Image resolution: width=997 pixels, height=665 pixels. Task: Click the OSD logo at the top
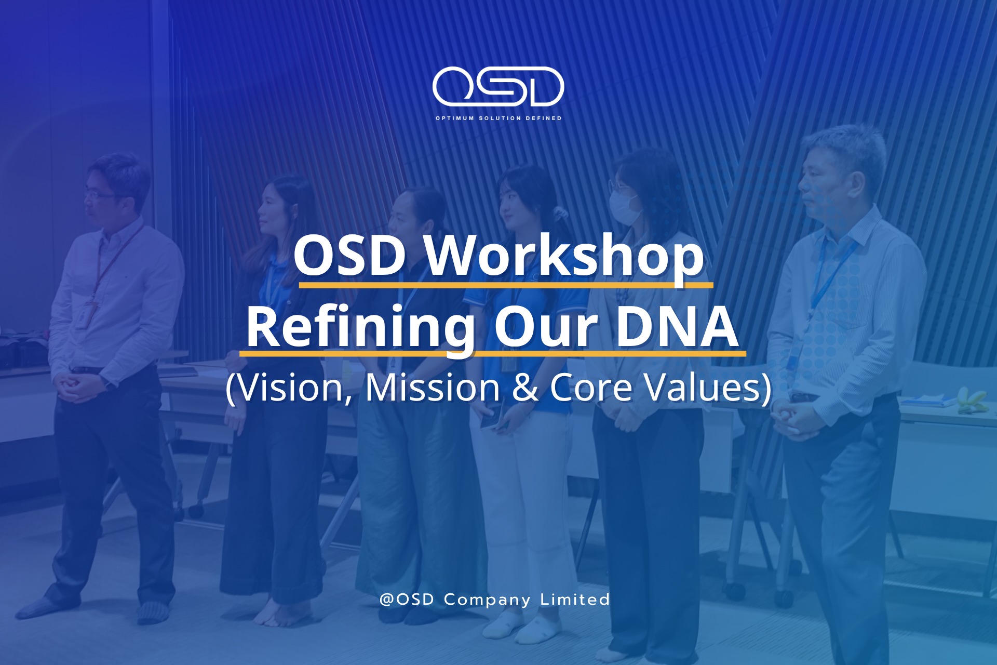[x=498, y=87]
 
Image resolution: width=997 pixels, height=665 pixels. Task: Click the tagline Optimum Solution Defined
[x=498, y=118]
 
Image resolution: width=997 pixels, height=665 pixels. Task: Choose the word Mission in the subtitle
[x=432, y=388]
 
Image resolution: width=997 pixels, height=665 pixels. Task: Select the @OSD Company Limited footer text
[x=495, y=600]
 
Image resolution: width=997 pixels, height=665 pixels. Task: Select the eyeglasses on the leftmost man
[x=100, y=196]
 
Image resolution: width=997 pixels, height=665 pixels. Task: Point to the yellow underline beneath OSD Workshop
[x=506, y=285]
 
